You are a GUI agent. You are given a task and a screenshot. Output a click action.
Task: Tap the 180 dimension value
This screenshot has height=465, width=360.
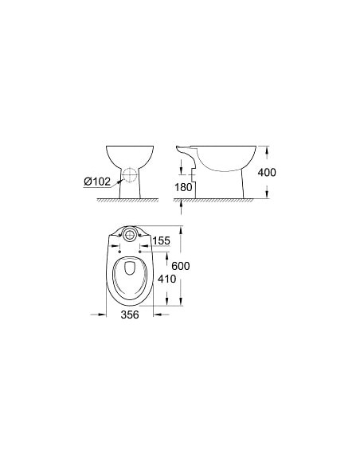185,187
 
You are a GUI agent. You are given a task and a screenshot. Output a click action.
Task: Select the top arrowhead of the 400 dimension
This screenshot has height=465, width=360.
267,148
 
